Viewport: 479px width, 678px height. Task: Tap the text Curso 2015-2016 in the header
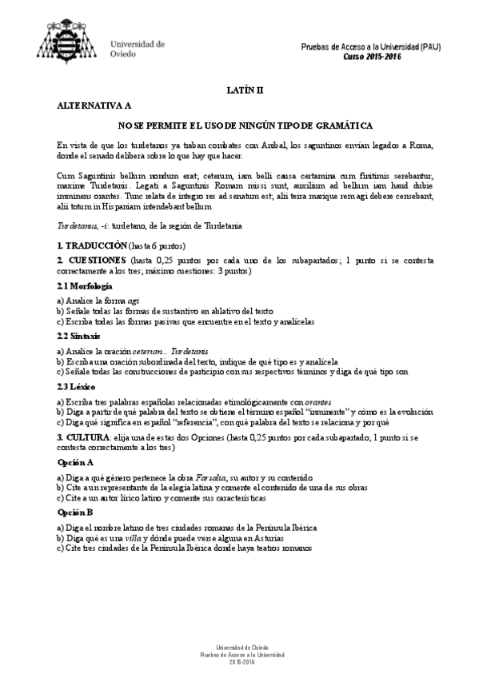[372, 58]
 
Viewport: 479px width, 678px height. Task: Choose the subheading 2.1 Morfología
[84, 285]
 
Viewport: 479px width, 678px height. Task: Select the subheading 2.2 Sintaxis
[78, 337]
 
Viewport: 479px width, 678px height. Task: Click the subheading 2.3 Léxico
[77, 387]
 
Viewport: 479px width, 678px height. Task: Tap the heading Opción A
[75, 462]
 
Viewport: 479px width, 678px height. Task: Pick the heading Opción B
[75, 512]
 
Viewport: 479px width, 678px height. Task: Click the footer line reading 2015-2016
[239, 662]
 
